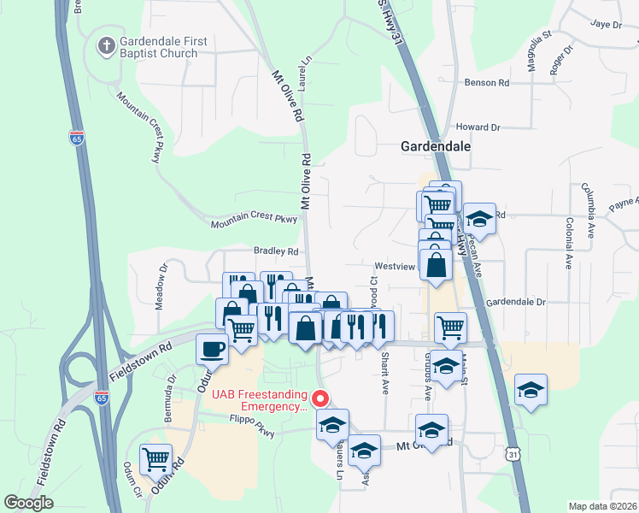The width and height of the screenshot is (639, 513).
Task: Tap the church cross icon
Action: [x=106, y=45]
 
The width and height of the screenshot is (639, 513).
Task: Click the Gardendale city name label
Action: [x=436, y=147]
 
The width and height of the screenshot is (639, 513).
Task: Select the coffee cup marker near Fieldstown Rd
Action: [x=213, y=349]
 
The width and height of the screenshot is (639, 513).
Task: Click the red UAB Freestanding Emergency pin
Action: [x=320, y=399]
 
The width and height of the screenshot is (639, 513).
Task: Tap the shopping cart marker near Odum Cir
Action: [x=156, y=458]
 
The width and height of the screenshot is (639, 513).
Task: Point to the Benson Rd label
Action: [x=486, y=83]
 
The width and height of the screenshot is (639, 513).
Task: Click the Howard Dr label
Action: [x=478, y=127]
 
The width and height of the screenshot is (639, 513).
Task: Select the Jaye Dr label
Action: [x=606, y=25]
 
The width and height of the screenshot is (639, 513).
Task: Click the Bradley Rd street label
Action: [x=275, y=252]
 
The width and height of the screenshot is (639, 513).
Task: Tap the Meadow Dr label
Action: [x=160, y=297]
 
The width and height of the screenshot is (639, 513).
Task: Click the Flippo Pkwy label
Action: [x=252, y=427]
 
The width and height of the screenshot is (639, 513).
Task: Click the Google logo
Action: [x=28, y=503]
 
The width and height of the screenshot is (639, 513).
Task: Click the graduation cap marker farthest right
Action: [x=531, y=391]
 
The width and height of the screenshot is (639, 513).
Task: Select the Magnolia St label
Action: [x=538, y=63]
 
